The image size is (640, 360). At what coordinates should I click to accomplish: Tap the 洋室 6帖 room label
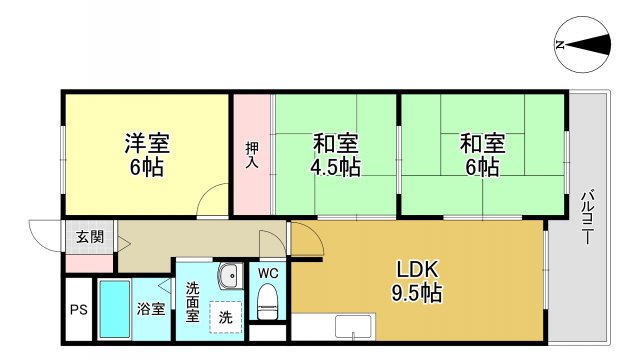point(145,153)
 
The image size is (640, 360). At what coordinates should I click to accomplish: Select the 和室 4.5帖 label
point(336,154)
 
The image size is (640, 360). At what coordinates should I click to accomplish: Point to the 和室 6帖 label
point(480,154)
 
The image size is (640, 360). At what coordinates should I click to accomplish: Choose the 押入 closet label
point(252,156)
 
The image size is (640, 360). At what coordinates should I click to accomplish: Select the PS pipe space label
point(79,309)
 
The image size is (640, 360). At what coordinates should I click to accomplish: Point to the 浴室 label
point(150,309)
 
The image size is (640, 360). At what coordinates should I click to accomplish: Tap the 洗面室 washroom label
point(193,303)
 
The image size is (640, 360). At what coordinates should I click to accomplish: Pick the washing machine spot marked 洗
point(226,317)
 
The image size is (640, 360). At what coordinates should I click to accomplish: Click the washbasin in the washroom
point(228,274)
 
